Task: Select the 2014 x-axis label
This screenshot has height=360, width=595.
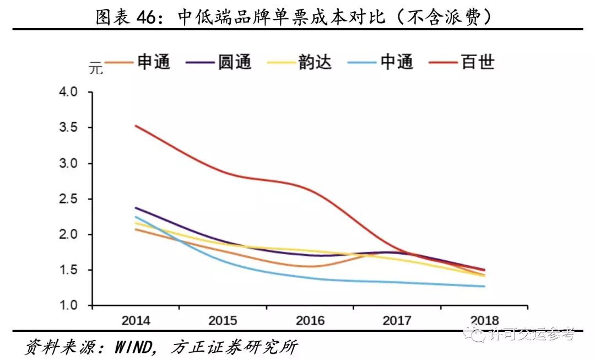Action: pos(136,320)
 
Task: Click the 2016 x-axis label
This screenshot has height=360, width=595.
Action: pos(310,320)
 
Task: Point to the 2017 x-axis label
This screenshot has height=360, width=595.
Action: pos(397,320)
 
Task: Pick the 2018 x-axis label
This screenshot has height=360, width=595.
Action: pos(484,320)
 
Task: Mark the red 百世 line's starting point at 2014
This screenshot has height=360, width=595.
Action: pos(136,126)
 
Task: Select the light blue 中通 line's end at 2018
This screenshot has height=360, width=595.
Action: pos(484,286)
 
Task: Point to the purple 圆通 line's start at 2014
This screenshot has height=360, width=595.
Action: pos(136,208)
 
